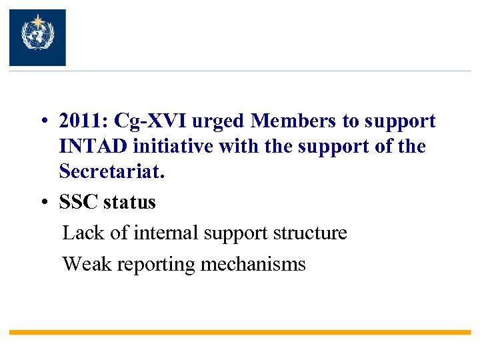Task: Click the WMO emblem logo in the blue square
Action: point(37,37)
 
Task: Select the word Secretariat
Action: point(111,171)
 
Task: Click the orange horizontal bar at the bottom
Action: point(240,331)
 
